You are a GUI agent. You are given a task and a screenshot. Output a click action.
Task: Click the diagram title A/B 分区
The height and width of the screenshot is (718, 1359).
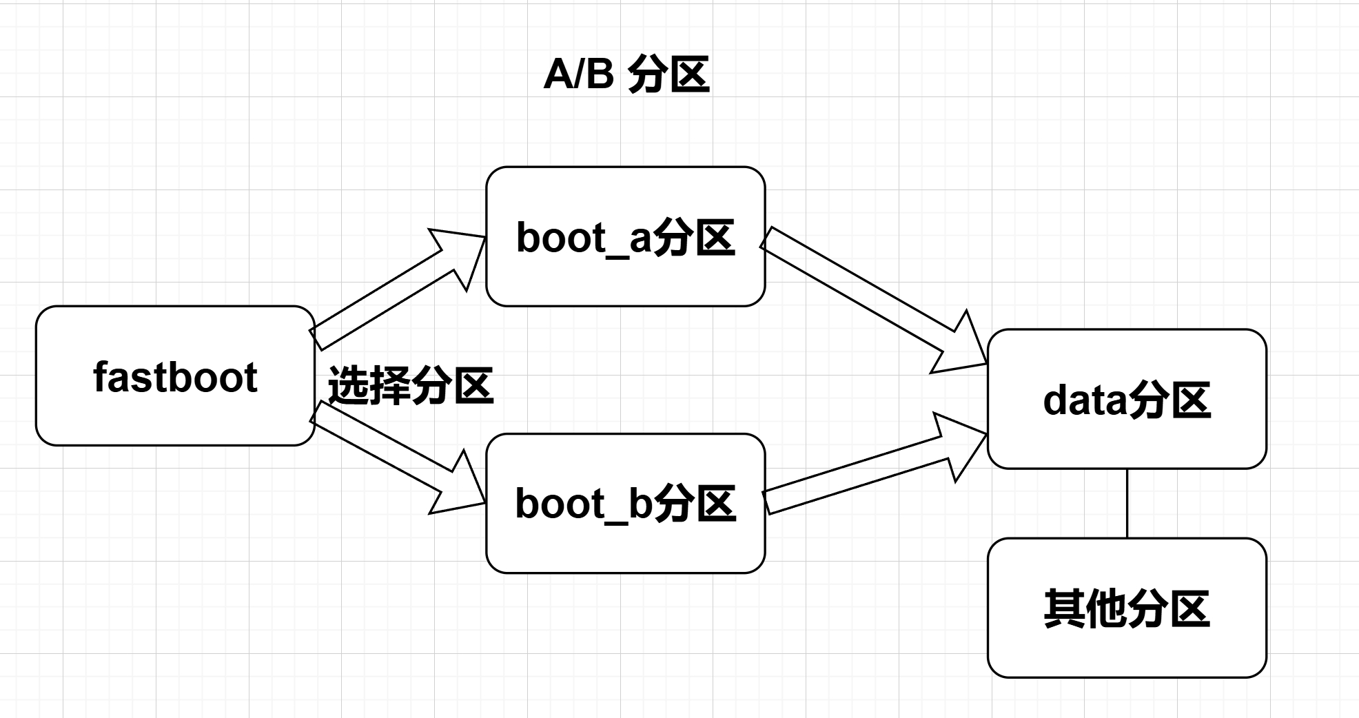point(626,74)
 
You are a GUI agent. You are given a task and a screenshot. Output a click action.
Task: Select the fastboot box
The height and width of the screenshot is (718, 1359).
point(175,376)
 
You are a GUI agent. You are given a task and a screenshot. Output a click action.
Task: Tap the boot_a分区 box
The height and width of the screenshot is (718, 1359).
point(625,236)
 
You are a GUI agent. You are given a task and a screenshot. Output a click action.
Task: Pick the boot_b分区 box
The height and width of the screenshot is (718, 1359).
point(625,503)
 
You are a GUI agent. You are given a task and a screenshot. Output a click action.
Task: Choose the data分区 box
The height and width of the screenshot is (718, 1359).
point(1127,400)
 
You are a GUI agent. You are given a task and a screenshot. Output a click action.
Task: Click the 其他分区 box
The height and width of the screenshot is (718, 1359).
point(1127,608)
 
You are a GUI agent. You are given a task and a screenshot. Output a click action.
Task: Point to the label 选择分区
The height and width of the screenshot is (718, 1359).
point(411,386)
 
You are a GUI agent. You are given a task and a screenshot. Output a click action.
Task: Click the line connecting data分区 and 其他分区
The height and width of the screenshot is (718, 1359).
point(1127,503)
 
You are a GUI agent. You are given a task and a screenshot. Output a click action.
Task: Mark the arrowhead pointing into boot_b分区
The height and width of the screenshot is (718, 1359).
point(460,488)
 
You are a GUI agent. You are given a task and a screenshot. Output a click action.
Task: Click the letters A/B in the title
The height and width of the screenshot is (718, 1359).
point(578,74)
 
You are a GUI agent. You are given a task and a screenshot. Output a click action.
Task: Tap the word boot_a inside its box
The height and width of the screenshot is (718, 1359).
point(583,238)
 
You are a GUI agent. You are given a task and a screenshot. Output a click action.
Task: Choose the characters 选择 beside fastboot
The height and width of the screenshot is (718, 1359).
point(369,386)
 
